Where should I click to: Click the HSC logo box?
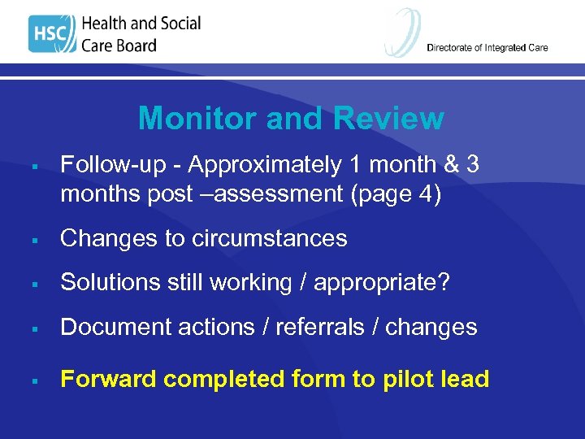(51, 34)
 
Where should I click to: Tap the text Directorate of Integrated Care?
(487, 48)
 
